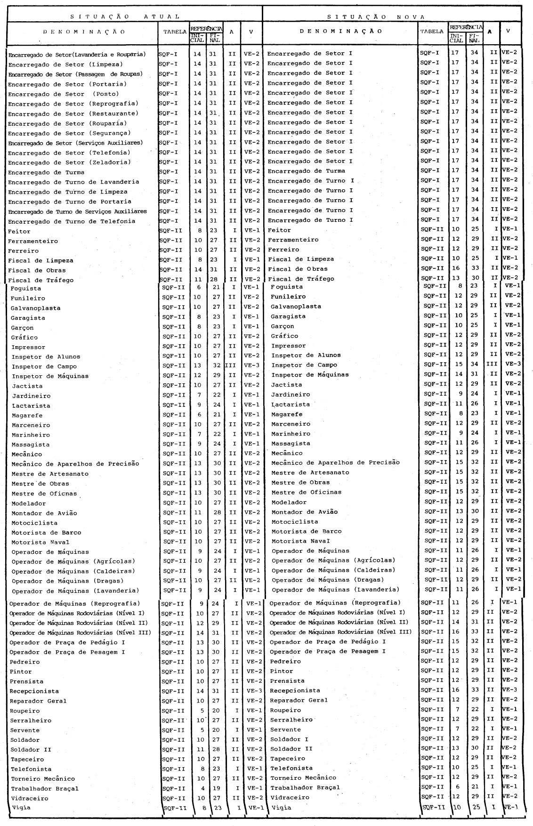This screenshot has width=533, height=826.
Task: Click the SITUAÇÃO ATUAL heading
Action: [125, 16]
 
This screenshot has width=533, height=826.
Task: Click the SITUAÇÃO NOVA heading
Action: [376, 17]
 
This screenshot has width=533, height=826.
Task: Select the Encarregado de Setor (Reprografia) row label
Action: [73, 104]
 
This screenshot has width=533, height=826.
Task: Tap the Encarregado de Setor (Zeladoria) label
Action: [69, 162]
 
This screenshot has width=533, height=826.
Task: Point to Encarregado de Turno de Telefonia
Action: [71, 221]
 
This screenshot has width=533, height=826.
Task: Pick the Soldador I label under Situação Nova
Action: [289, 739]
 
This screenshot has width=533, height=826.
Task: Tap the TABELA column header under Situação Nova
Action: [432, 32]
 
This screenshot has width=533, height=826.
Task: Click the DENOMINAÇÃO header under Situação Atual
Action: [84, 32]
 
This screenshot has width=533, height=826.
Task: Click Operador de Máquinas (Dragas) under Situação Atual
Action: [67, 581]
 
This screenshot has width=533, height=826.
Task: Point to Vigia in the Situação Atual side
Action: [20, 808]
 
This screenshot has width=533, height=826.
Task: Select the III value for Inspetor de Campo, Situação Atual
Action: [231, 366]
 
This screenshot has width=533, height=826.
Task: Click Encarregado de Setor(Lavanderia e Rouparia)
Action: [77, 55]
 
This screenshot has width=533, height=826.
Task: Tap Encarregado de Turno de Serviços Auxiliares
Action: [77, 211]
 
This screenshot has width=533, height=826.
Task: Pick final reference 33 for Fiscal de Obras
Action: [474, 268]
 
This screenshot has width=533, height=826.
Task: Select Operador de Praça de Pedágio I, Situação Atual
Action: [67, 642]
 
